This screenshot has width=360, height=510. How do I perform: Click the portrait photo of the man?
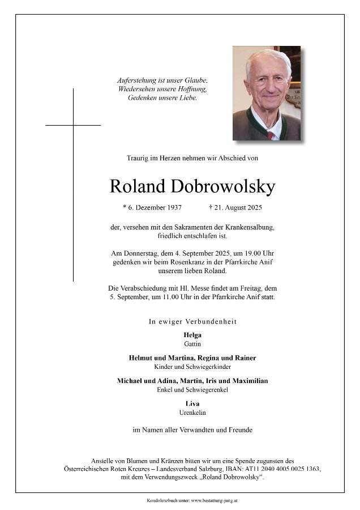266,93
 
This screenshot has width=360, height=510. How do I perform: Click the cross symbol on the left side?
73,125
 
